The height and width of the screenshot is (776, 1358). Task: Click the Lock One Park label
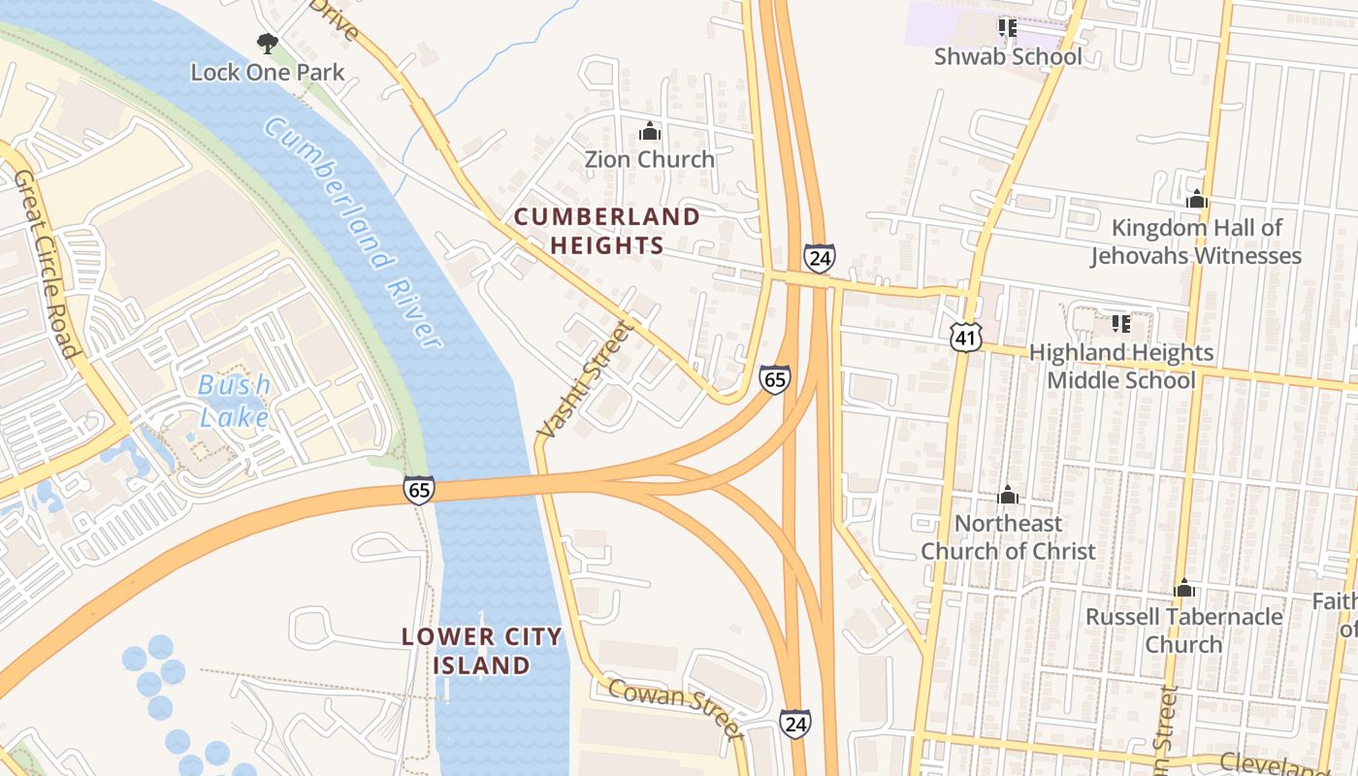[x=267, y=72]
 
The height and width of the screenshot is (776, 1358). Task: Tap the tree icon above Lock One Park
[x=267, y=43]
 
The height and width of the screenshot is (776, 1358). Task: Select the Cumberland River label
[x=353, y=233]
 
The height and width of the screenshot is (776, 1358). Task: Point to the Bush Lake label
[x=234, y=401]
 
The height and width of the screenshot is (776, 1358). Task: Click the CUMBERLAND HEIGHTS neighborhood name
[x=607, y=231]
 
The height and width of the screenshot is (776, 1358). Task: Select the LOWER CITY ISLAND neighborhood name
[x=482, y=651]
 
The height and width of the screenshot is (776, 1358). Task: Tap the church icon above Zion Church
[x=649, y=131]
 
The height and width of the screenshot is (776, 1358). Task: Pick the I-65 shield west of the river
[x=419, y=491]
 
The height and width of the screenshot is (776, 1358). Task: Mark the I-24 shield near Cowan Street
[x=794, y=723]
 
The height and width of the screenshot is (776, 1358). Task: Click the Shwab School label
[x=1008, y=56]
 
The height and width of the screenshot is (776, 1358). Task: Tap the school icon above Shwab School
[x=1007, y=28]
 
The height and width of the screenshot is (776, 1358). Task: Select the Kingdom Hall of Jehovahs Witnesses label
[x=1196, y=242]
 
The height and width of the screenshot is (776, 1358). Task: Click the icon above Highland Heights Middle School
[x=1120, y=323]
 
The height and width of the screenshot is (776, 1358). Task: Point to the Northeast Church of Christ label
[x=1008, y=537]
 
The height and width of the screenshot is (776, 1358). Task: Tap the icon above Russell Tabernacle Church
[x=1183, y=589]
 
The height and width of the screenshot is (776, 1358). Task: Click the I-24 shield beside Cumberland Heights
[x=819, y=258]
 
